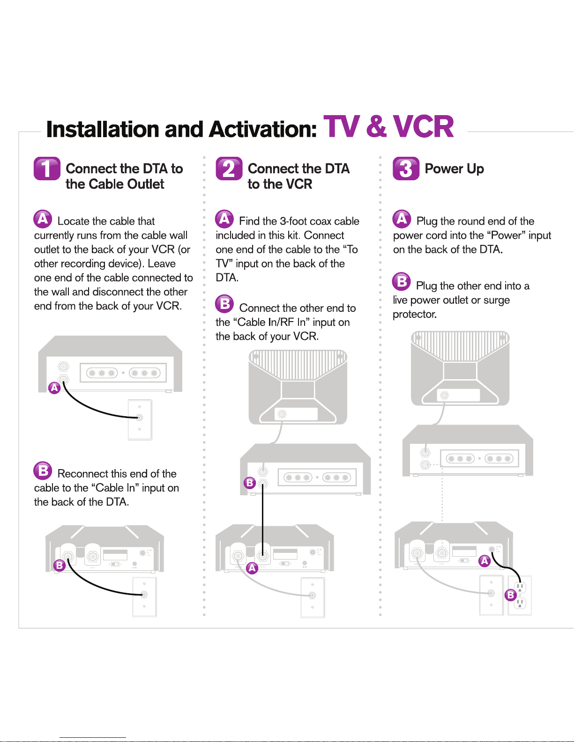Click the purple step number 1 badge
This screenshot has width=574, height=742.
[47, 169]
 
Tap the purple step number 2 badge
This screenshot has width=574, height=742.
[229, 169]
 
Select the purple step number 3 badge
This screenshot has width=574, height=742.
[406, 169]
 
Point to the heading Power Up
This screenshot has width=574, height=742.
[454, 169]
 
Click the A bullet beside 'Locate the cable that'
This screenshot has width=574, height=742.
[43, 219]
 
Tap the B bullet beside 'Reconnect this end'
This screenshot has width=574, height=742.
[43, 470]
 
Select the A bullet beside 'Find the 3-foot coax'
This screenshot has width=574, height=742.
[224, 219]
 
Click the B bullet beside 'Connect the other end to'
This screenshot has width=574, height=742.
[224, 304]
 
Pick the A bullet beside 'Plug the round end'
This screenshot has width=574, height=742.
[402, 219]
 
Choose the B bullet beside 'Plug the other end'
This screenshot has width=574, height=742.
[402, 281]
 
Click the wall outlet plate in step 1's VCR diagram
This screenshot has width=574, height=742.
[140, 419]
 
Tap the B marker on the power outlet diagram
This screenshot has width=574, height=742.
[511, 595]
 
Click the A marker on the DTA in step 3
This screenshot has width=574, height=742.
[485, 560]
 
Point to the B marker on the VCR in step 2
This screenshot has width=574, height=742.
[250, 483]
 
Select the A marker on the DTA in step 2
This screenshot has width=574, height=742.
[252, 568]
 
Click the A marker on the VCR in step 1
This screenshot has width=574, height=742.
[55, 388]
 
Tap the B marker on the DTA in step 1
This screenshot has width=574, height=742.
[60, 565]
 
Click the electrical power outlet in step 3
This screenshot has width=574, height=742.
[520, 595]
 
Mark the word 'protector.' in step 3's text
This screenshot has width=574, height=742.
[415, 314]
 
